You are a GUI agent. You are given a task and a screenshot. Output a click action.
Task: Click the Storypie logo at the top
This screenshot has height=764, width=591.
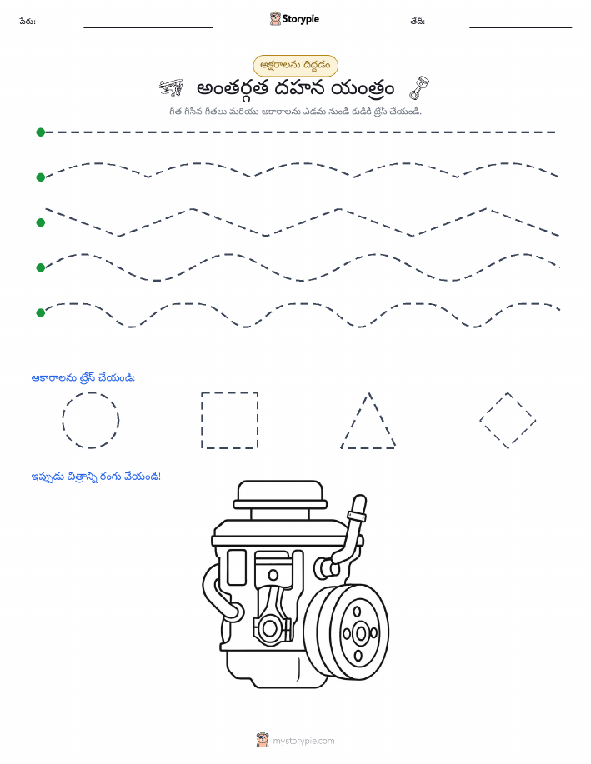tap(294, 19)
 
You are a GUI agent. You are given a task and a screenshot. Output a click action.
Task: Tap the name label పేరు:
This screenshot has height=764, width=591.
tap(28, 22)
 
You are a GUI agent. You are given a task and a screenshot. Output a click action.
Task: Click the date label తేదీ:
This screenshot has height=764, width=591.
tap(418, 21)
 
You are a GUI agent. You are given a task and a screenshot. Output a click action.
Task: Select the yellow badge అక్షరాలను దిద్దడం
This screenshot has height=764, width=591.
tap(295, 65)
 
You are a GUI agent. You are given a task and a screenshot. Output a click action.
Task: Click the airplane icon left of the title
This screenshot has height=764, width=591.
tap(171, 87)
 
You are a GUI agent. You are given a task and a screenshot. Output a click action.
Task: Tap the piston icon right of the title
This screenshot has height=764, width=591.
tap(419, 87)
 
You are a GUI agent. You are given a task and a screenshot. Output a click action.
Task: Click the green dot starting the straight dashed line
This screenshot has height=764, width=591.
tap(41, 132)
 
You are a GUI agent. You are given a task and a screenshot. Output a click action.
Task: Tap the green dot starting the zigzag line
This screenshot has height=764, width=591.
tap(41, 222)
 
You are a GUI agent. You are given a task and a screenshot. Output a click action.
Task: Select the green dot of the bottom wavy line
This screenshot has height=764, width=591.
tap(41, 312)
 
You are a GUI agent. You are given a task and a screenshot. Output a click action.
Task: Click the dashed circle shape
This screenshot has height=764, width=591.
tap(63, 420)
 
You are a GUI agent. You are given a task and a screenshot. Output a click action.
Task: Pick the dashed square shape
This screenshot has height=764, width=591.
tap(202, 420)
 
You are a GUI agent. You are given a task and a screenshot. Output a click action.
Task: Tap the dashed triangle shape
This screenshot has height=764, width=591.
tap(355, 420)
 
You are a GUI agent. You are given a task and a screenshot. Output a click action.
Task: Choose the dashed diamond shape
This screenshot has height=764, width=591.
tap(493, 407)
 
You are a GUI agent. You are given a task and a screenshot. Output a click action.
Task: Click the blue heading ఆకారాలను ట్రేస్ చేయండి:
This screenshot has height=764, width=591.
tap(83, 377)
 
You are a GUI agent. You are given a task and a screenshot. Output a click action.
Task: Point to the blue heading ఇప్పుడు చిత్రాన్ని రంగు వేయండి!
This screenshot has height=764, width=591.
tap(96, 477)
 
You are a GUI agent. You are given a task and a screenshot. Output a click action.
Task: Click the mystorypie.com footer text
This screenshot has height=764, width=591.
tap(303, 742)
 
